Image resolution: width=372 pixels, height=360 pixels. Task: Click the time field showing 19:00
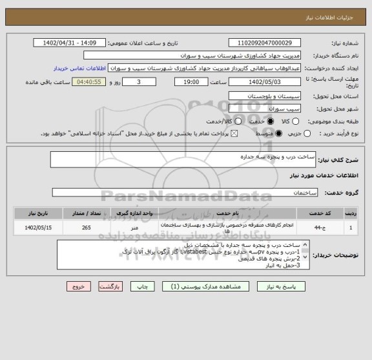tap(191, 82)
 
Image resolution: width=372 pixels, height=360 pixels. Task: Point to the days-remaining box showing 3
tap(139, 82)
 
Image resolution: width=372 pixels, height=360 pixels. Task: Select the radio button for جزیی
tap(307, 134)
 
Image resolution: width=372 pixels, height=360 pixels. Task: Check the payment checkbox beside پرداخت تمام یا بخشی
tap(234, 134)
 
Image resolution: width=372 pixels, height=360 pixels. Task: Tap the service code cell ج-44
tap(318, 228)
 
